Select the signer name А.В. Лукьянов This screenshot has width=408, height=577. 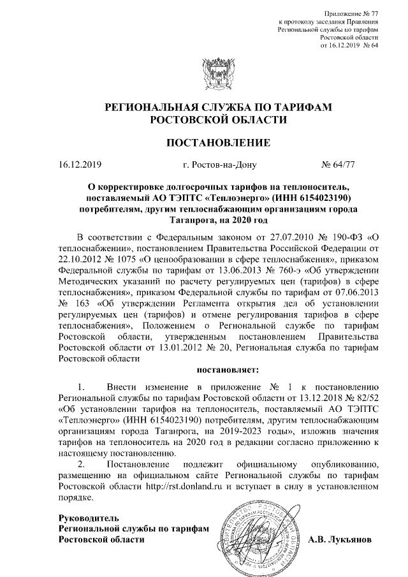tap(344, 539)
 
